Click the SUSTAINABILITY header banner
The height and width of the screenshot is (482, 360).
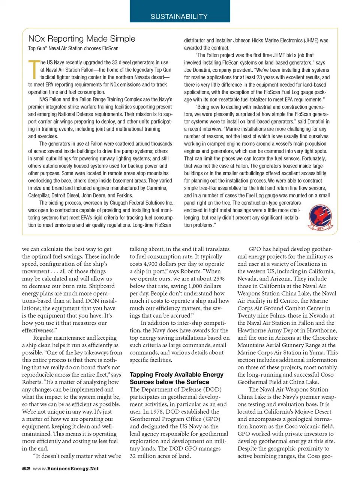[x=179, y=17]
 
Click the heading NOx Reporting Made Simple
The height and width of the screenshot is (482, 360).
[x=82, y=39]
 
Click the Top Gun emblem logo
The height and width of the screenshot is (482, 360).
[x=320, y=217]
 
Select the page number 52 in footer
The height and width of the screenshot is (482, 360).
[x=26, y=468]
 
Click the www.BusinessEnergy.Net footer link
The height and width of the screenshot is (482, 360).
[x=66, y=468]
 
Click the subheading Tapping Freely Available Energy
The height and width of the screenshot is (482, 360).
[x=176, y=375]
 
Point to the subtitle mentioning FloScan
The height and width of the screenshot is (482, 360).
[x=73, y=48]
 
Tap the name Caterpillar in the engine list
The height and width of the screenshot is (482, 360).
[x=40, y=196]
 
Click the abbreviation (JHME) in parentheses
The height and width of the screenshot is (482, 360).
[x=310, y=41]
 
